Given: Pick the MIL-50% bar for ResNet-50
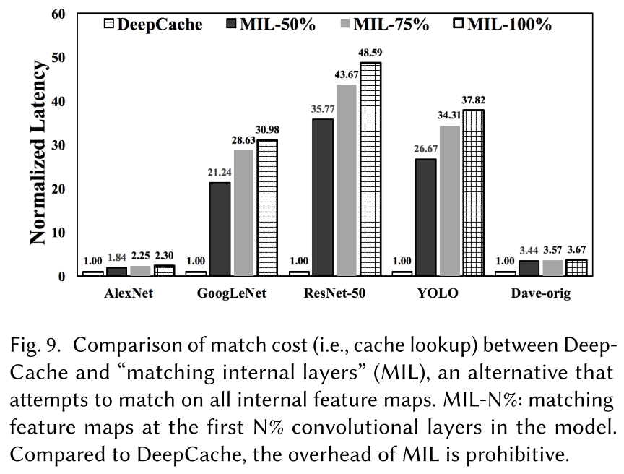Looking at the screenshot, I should pyautogui.click(x=324, y=197).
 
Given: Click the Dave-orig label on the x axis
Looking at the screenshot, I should pyautogui.click(x=543, y=294).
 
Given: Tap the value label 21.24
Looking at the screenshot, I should pyautogui.click(x=220, y=173).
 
